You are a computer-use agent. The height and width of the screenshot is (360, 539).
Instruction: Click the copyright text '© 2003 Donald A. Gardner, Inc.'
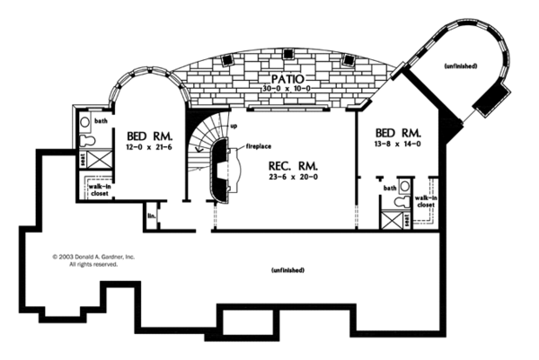(x=93, y=257)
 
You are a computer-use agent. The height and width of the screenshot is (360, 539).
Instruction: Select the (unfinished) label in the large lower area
(x=287, y=269)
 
